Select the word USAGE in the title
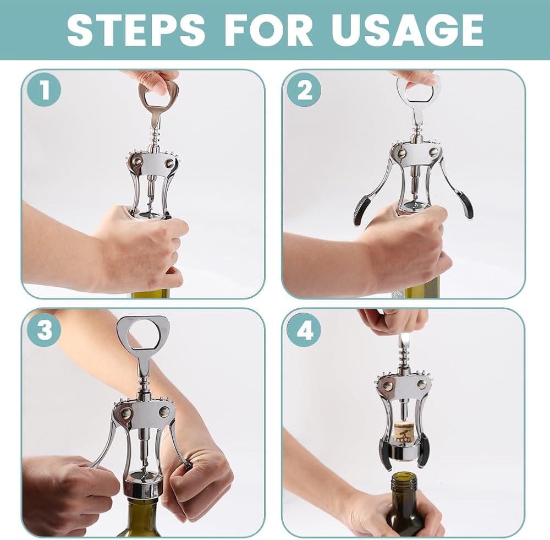(x=407, y=30)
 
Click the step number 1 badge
(x=45, y=90)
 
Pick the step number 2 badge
(x=304, y=90)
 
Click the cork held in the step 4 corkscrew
(x=403, y=433)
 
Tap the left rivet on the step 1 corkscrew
(x=136, y=161)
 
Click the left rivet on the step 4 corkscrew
(x=387, y=385)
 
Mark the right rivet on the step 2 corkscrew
(x=434, y=152)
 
